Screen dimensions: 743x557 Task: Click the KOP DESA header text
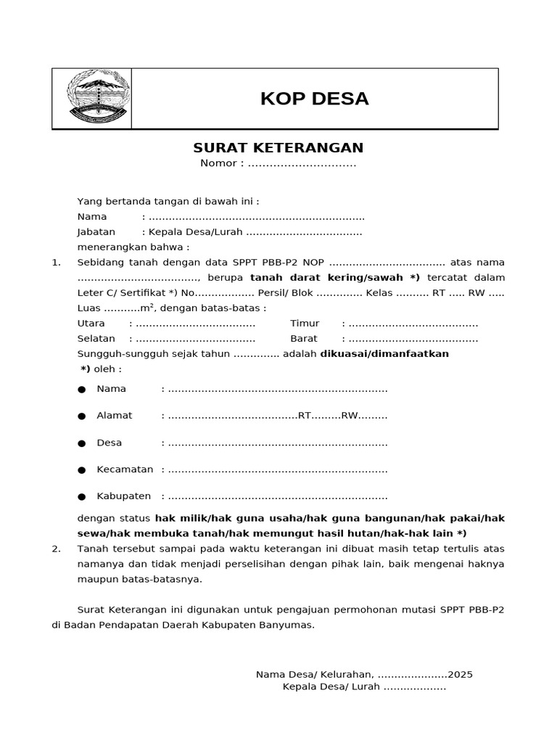[x=314, y=99]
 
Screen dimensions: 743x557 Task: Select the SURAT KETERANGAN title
[x=278, y=148]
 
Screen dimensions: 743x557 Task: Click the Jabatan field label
[x=96, y=232]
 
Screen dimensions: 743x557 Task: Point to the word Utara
[x=91, y=323]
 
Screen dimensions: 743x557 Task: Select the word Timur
[x=305, y=323]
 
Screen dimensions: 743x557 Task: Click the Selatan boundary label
[x=96, y=338]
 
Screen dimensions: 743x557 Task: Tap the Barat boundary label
[x=304, y=338]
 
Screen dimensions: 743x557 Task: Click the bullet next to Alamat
[x=82, y=416]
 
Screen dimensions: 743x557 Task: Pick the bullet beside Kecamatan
[x=82, y=470]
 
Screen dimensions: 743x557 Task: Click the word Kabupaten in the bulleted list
[x=123, y=496]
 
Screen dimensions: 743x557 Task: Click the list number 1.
[x=56, y=262]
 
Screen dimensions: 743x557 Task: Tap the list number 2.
[x=56, y=549]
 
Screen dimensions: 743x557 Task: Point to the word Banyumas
[x=291, y=624]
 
